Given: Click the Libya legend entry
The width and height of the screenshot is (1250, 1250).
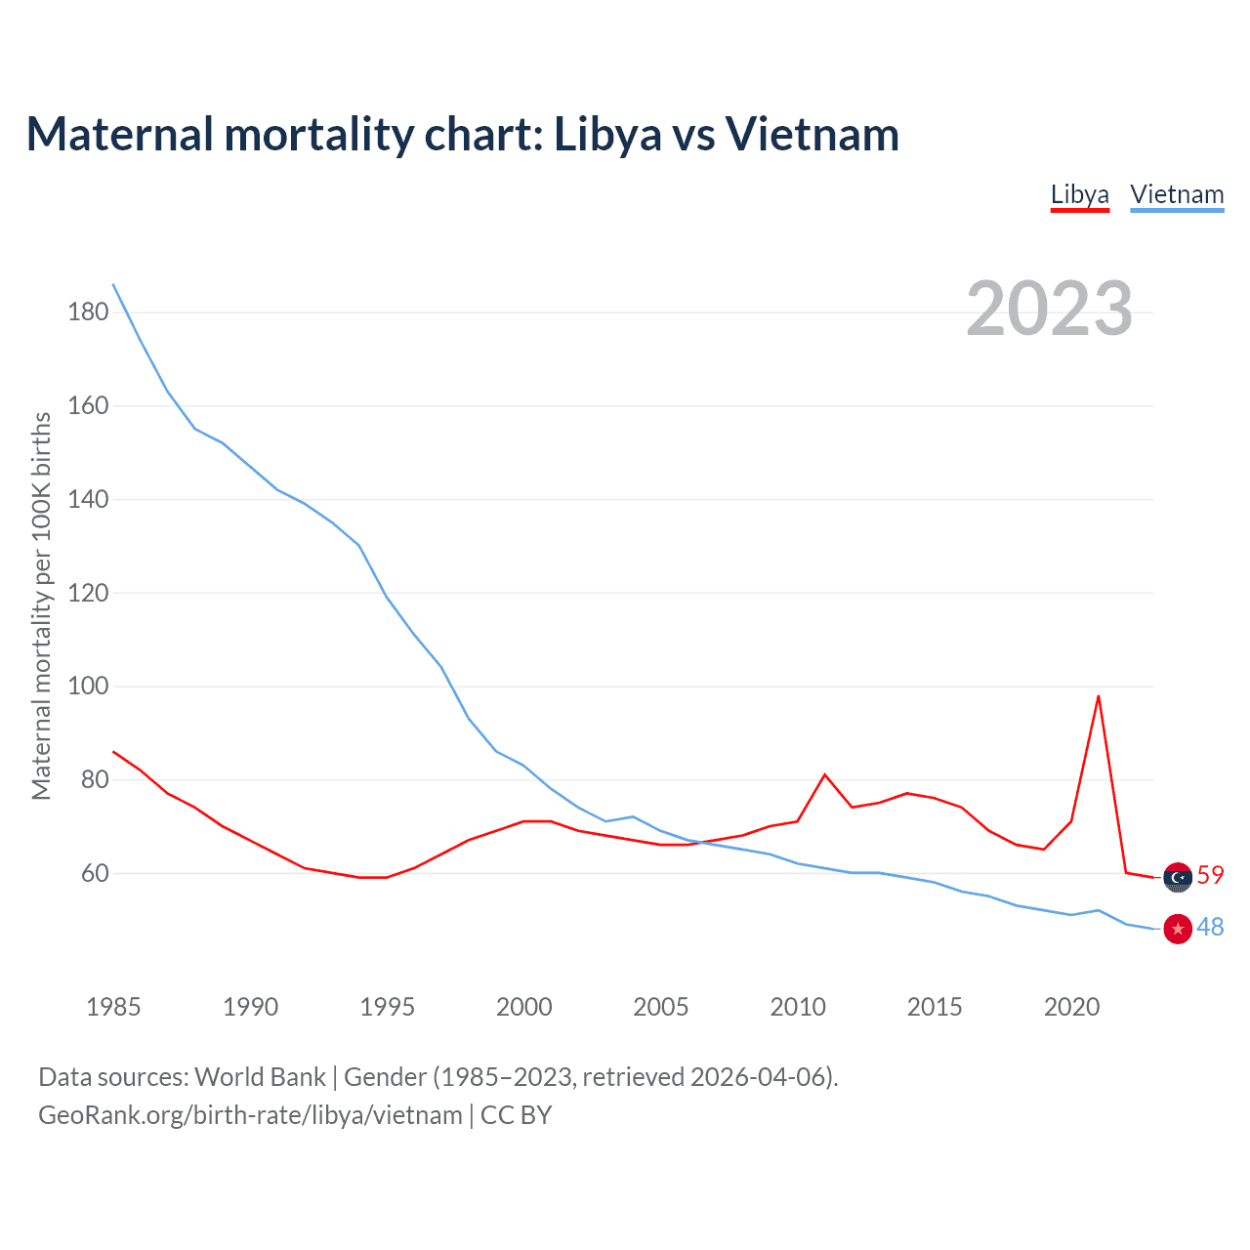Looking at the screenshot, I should [1079, 194].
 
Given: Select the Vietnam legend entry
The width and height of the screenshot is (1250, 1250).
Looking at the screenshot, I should [1177, 194].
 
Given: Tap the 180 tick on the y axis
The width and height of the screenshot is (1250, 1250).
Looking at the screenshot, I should [88, 312].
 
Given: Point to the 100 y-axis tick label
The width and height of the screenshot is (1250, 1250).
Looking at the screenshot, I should [88, 687].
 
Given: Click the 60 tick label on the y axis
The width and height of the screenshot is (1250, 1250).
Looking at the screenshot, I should [95, 873].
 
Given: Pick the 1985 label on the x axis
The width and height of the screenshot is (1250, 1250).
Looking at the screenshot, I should [113, 1007].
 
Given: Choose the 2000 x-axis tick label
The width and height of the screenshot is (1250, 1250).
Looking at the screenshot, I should [524, 1007].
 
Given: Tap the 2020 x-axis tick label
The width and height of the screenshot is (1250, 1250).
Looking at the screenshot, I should [1071, 1007].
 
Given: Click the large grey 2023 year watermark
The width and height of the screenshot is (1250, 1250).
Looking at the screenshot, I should [1049, 309].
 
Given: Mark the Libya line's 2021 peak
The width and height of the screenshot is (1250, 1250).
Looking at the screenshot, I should [1099, 696].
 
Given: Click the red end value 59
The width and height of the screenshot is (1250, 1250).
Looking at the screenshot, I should [1210, 875].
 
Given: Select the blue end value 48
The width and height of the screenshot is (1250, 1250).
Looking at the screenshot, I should [1210, 927].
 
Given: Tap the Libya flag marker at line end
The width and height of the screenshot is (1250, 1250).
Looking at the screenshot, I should [1178, 877].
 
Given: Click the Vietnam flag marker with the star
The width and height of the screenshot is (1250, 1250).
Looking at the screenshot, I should [1178, 928].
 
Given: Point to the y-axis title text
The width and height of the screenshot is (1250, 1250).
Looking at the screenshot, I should [41, 605].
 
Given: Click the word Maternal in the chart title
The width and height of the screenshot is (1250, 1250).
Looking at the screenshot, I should [119, 134].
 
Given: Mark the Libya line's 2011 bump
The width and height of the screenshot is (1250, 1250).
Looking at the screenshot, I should [825, 774].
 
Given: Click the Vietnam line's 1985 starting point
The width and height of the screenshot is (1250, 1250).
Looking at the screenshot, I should [113, 284].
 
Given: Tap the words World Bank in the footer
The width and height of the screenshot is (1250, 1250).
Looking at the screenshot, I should [260, 1077].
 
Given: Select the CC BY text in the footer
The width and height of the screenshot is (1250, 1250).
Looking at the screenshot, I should [516, 1115].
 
